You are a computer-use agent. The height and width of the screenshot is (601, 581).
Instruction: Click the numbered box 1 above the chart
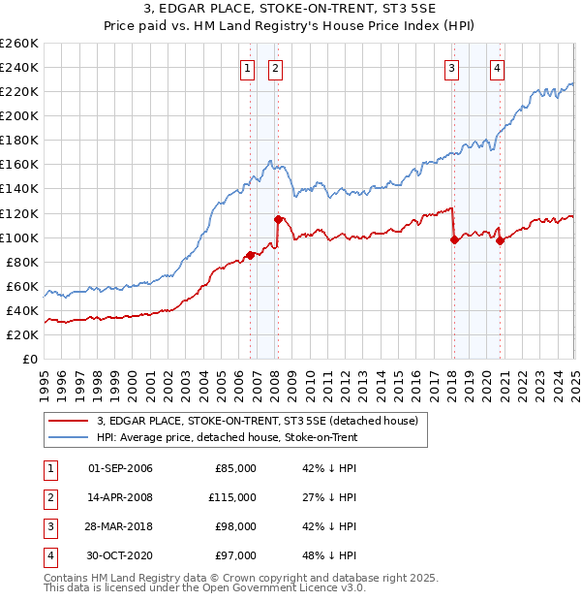click(x=249, y=68)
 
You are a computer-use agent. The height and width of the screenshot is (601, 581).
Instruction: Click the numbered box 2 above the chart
click(x=276, y=68)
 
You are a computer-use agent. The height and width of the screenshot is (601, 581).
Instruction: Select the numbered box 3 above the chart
click(x=452, y=68)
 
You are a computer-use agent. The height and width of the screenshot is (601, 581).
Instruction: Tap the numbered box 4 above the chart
click(x=497, y=68)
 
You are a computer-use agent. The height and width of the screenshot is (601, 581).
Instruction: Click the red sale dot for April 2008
click(x=279, y=219)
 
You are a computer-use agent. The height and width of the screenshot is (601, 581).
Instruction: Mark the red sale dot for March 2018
click(x=454, y=239)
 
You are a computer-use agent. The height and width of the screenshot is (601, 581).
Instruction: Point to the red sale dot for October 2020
click(x=500, y=241)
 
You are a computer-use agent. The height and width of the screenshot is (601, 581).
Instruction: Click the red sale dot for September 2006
click(x=250, y=255)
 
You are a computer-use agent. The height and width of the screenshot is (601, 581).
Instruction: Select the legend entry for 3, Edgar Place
click(x=257, y=421)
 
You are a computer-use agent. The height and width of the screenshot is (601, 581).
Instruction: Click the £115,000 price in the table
click(x=233, y=497)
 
